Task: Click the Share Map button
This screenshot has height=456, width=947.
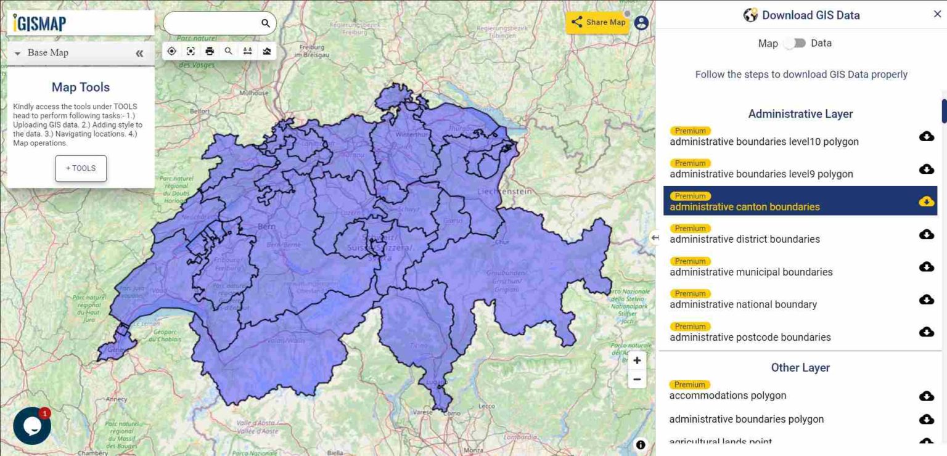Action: [x=597, y=22]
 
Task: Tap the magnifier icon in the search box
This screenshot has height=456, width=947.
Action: [x=265, y=23]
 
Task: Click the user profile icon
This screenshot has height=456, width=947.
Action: [x=641, y=23]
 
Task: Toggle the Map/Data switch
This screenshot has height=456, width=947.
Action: [x=795, y=43]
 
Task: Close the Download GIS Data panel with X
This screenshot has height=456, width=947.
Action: [x=937, y=14]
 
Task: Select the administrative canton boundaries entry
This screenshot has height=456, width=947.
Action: [x=745, y=206]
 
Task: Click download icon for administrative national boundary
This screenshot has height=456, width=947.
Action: [x=926, y=299]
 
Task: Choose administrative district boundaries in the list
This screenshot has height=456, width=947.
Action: [x=745, y=239]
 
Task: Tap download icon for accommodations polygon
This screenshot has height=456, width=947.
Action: [x=926, y=396]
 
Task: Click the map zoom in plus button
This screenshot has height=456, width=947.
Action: [x=637, y=360]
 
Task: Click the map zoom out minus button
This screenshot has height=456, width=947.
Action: [x=637, y=380]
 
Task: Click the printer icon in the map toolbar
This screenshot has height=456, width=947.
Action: [x=210, y=51]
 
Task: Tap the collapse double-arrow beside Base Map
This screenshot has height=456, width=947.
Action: [x=139, y=54]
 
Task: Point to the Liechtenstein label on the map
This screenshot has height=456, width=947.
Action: [x=504, y=192]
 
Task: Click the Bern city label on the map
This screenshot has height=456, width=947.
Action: [x=266, y=226]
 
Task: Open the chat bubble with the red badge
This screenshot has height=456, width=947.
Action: [x=31, y=426]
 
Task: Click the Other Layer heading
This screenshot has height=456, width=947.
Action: [x=800, y=368]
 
